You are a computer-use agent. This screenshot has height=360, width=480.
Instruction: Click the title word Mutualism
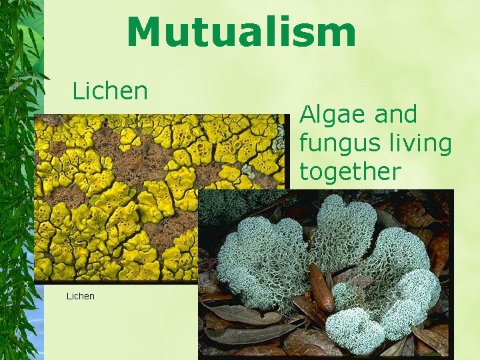click(x=241, y=33)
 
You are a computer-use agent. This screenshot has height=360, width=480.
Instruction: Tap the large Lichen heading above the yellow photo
click(x=110, y=91)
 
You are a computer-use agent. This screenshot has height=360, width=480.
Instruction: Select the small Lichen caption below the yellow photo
click(x=81, y=296)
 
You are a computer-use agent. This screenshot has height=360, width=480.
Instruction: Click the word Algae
click(x=333, y=115)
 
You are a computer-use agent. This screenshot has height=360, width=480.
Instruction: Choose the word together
click(x=350, y=171)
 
